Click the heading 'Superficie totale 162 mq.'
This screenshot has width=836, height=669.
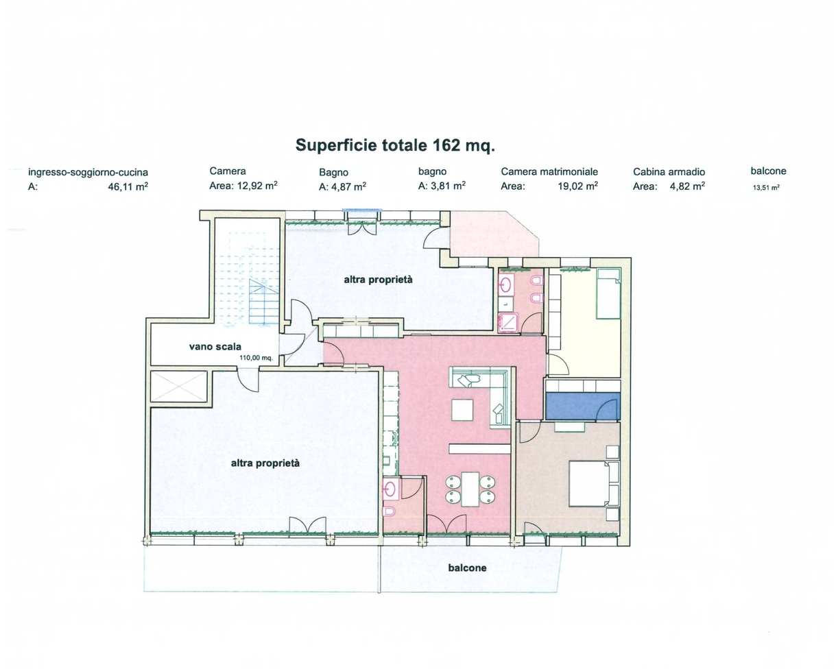[x=395, y=145]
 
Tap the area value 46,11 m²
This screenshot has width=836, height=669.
[x=128, y=186]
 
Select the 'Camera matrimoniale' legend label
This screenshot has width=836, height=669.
[x=549, y=171]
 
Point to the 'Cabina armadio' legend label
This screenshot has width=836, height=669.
[x=669, y=171]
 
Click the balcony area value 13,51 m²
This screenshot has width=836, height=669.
[x=766, y=188]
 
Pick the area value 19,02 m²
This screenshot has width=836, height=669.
[x=577, y=186]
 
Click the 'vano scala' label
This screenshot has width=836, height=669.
[x=215, y=346]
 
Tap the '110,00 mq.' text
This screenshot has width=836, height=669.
[x=256, y=358]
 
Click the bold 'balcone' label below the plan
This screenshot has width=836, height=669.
[x=467, y=568]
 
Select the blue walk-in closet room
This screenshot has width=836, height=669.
[x=583, y=406]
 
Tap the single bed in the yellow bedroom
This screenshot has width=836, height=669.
[x=608, y=293]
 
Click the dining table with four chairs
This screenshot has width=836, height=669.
[x=470, y=489]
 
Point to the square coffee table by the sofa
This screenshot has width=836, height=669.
[x=462, y=410]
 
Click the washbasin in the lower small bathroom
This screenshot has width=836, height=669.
[x=390, y=489]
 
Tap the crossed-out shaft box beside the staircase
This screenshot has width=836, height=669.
[x=179, y=387]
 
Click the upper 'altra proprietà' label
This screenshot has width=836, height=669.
[x=378, y=280]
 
